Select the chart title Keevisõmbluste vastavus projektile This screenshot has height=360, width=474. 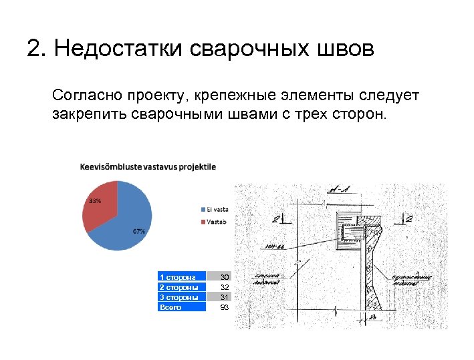coord(148,166)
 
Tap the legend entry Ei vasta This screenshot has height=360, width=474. coord(217,208)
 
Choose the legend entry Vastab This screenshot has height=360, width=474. coord(215,222)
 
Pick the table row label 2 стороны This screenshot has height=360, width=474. coord(179,287)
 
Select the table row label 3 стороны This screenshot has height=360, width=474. coord(179,297)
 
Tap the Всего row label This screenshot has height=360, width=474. coord(171,307)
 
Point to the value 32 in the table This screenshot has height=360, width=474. coord(225,287)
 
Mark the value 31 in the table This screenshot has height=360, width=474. coord(225,297)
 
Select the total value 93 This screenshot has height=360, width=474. coord(225,307)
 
